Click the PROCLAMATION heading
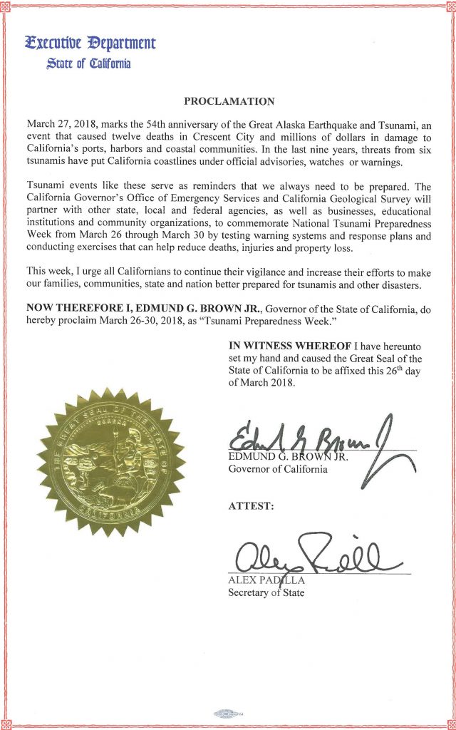point(228,101)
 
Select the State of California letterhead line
point(88,64)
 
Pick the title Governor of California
point(278,469)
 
